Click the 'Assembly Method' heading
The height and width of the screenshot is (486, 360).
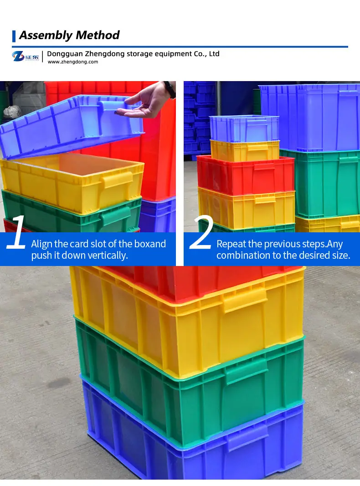(x=69, y=35)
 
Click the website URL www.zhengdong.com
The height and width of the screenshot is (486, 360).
(x=73, y=62)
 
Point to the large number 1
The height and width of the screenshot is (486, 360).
(x=17, y=234)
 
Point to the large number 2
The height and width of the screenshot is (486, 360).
(x=201, y=234)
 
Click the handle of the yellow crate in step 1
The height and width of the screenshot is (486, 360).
(x=118, y=180)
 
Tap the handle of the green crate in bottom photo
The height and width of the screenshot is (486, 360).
(x=247, y=371)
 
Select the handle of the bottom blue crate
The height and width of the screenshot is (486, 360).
(x=248, y=437)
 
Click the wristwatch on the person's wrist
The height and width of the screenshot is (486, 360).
(x=170, y=88)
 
